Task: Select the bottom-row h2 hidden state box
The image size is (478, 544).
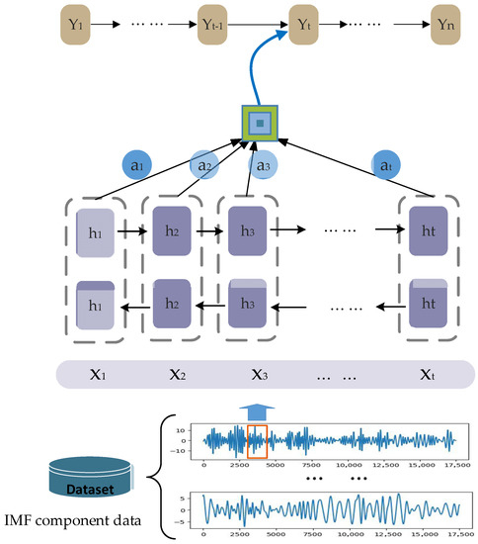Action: coord(171,309)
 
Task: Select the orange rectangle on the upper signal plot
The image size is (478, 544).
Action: coord(257,440)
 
